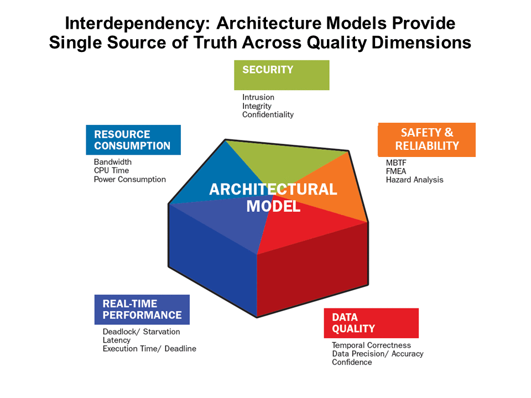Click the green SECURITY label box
coord(282,75)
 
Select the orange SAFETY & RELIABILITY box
coord(426,139)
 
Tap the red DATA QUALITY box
coord(371,323)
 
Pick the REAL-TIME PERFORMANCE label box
coord(142,309)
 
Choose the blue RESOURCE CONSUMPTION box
coord(133,140)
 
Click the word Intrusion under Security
coord(258,97)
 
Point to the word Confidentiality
coord(268,114)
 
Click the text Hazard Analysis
coord(414,180)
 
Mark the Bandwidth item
coord(113,162)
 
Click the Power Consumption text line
coord(129,179)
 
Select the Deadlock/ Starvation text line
coord(141,332)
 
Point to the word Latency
coord(117,340)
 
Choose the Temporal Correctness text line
coord(371,345)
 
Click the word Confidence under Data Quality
coord(352,362)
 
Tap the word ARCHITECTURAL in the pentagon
coord(273,190)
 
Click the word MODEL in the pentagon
coord(273,206)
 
